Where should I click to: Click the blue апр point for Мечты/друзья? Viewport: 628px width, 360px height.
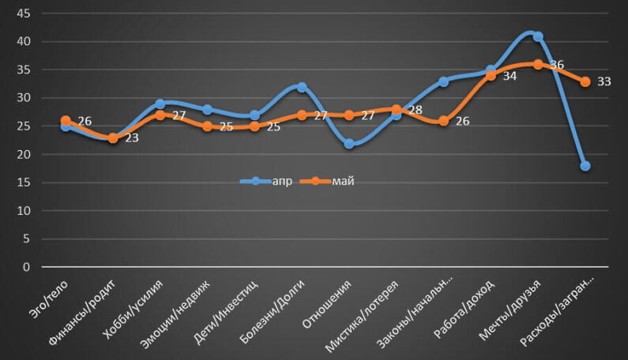(x=538, y=36)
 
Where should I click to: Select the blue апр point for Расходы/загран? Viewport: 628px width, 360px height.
(x=585, y=166)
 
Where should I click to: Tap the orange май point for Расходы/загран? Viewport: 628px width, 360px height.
(x=585, y=81)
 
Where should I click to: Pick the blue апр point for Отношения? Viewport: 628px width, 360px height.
(x=349, y=144)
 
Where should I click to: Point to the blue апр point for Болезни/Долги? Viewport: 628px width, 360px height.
(x=302, y=87)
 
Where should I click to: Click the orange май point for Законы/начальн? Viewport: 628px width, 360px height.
(x=444, y=121)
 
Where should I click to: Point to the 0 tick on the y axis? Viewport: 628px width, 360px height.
(x=26, y=268)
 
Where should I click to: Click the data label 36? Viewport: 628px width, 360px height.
(x=557, y=65)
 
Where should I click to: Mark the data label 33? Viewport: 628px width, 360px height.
(x=604, y=81)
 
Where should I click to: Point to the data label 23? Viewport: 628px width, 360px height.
(x=131, y=138)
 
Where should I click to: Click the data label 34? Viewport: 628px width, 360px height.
(x=510, y=76)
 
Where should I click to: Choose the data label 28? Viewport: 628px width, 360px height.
(x=415, y=110)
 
